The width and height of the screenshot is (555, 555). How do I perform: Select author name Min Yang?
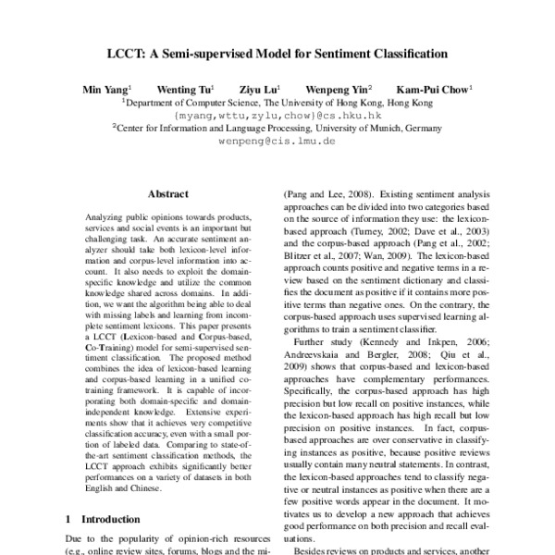(101, 90)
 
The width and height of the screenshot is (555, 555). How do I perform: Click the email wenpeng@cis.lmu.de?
(277, 144)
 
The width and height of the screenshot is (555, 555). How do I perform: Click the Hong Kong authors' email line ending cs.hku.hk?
(277, 117)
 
